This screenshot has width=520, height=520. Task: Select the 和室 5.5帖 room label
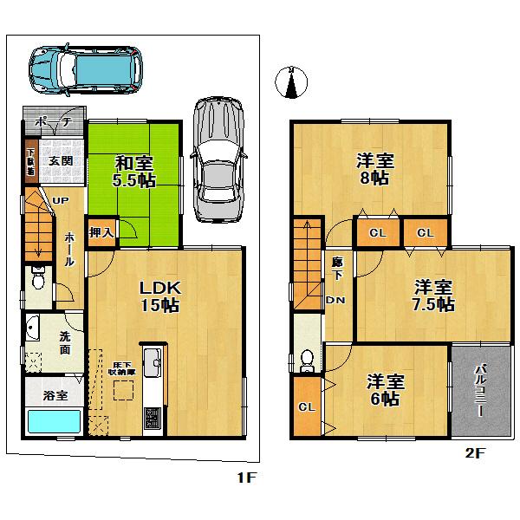click(134, 170)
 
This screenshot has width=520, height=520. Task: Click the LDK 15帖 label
click(159, 295)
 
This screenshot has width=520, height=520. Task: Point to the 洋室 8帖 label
click(374, 168)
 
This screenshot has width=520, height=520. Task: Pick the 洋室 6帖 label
click(382, 389)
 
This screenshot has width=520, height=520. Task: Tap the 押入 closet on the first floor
click(101, 232)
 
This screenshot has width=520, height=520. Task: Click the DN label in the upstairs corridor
click(335, 301)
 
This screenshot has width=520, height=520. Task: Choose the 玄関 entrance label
click(61, 161)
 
